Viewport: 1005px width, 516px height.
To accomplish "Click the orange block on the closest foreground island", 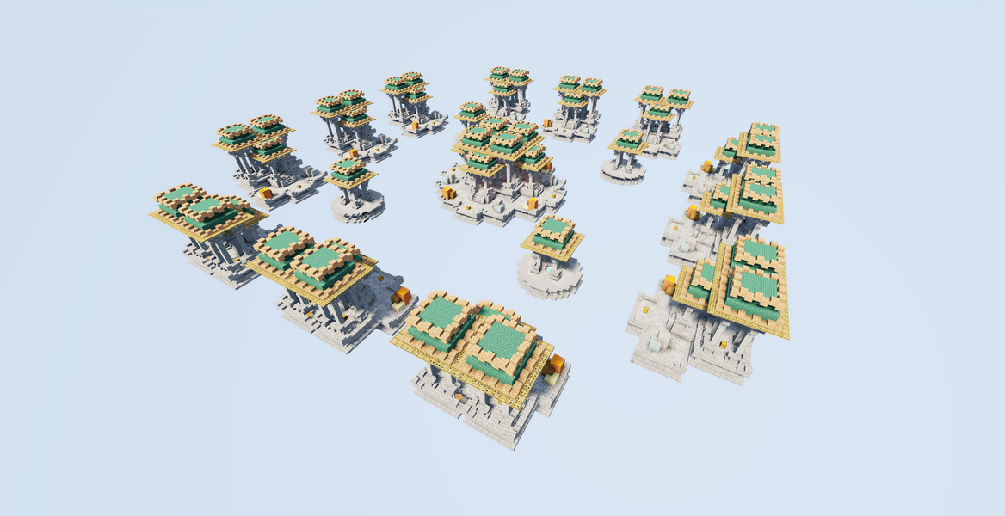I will point(555,363).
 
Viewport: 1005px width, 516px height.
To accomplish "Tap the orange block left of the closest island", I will point(401,298).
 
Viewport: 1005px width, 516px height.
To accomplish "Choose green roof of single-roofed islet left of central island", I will point(348,167).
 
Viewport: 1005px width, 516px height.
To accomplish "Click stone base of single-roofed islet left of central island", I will point(355,206).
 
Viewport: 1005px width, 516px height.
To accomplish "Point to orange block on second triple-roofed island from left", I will point(354,153).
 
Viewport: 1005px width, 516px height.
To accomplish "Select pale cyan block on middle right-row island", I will point(684,244).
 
